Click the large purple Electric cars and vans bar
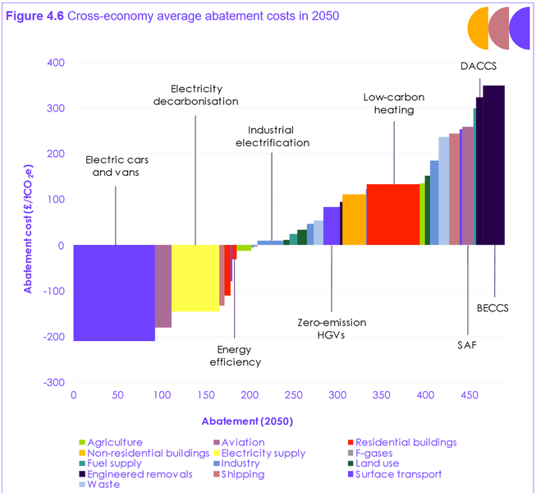click(x=114, y=293)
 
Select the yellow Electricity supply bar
click(x=195, y=279)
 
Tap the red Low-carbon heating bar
click(x=392, y=214)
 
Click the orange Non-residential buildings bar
click(x=354, y=219)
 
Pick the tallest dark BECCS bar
click(x=493, y=164)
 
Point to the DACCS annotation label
click(x=479, y=67)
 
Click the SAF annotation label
click(x=467, y=345)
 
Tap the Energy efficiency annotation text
click(x=235, y=356)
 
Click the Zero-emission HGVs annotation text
click(x=332, y=329)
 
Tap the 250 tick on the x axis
click(x=293, y=395)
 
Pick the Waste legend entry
click(x=104, y=485)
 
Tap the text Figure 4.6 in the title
click(x=34, y=16)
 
